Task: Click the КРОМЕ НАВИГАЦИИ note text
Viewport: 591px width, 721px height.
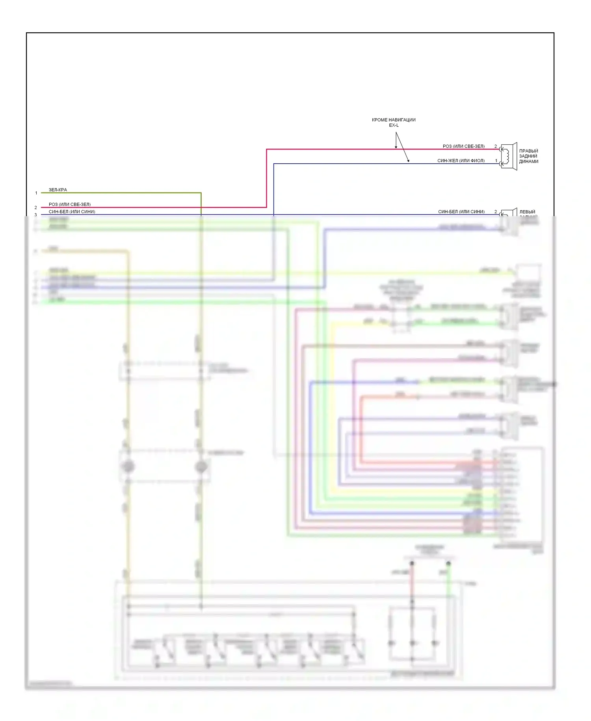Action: tap(393, 120)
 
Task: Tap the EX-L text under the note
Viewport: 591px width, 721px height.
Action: tap(394, 125)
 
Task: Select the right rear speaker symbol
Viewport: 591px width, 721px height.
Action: tap(508, 156)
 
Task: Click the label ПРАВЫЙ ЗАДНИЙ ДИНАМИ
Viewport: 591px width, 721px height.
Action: tap(528, 156)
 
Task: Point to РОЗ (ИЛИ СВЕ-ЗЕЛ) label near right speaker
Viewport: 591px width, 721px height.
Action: tap(463, 146)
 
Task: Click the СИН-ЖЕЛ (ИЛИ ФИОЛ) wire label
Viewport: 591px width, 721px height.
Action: tap(461, 161)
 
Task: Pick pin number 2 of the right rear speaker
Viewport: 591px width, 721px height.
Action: tap(496, 146)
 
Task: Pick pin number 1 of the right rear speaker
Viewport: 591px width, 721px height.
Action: tap(496, 161)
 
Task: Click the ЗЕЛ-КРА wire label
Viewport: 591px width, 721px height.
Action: tap(58, 190)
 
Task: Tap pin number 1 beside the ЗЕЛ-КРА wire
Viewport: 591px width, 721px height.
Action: tap(36, 193)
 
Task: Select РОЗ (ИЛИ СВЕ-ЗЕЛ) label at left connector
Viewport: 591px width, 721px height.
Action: tap(70, 204)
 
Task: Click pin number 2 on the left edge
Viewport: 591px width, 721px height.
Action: tap(36, 207)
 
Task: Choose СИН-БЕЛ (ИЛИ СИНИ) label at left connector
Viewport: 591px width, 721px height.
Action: tap(72, 212)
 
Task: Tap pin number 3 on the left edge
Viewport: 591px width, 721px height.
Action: tap(36, 215)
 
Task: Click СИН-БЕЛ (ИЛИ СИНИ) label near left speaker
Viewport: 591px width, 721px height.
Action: tap(461, 212)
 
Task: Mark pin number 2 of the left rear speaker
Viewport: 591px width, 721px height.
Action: tap(496, 212)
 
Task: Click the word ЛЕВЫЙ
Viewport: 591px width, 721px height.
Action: tap(527, 212)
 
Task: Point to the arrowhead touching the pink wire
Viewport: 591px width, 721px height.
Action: tap(396, 148)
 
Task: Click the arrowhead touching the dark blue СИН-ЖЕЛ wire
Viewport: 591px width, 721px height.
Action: tap(408, 161)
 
